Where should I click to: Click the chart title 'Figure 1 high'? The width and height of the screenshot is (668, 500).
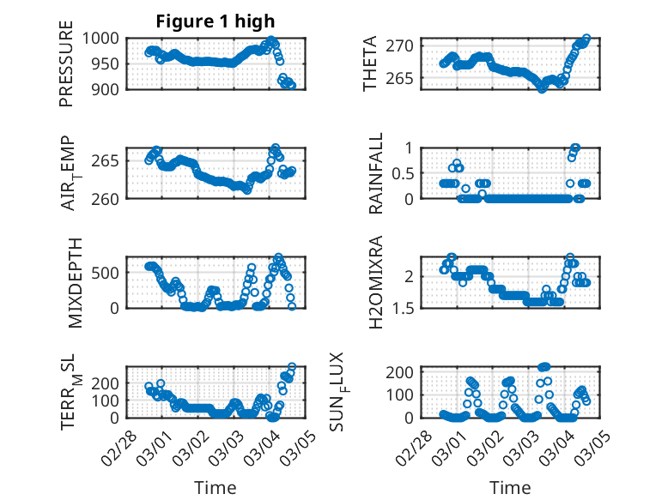point(216,21)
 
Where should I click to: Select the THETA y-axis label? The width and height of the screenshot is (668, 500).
point(370,63)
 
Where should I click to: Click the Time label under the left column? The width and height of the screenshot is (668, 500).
point(216,488)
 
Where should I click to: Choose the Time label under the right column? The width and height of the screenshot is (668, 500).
point(511,488)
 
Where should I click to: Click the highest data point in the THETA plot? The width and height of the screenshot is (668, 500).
point(586,39)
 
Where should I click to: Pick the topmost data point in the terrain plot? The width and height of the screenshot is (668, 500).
point(292,367)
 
